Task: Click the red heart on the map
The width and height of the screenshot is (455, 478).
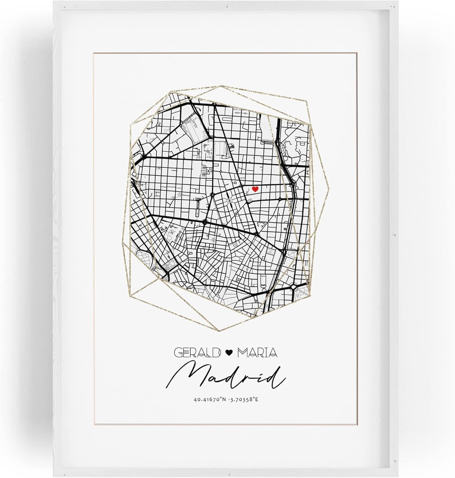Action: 255,189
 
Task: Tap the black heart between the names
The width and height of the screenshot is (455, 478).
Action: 228,352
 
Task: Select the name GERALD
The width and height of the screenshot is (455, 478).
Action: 197,352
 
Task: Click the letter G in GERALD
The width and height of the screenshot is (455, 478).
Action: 178,352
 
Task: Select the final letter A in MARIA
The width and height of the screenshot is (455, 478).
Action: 273,352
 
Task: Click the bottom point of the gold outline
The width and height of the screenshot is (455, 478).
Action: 219,331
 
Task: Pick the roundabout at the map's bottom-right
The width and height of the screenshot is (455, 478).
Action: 294,286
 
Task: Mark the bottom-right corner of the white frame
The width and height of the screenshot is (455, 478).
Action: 404,475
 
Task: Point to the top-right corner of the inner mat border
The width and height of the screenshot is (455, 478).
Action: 356,54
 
